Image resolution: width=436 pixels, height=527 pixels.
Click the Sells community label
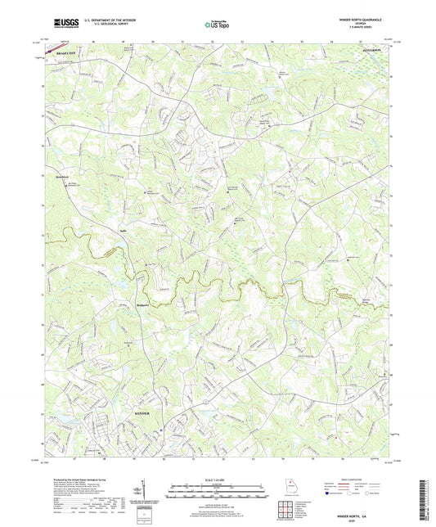click(x=74, y=231)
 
